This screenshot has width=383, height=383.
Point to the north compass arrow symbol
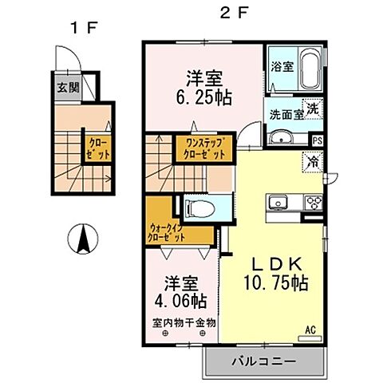click(x=81, y=237)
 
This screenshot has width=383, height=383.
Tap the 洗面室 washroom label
click(x=286, y=113)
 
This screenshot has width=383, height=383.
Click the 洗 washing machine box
click(x=314, y=109)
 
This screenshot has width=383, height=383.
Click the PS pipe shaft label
click(x=318, y=141)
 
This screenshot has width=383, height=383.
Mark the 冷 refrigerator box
click(x=314, y=163)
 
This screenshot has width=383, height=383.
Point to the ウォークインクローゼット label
click(x=167, y=231)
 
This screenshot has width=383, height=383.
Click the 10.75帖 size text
click(x=275, y=282)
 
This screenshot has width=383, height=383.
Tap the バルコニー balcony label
click(x=264, y=361)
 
